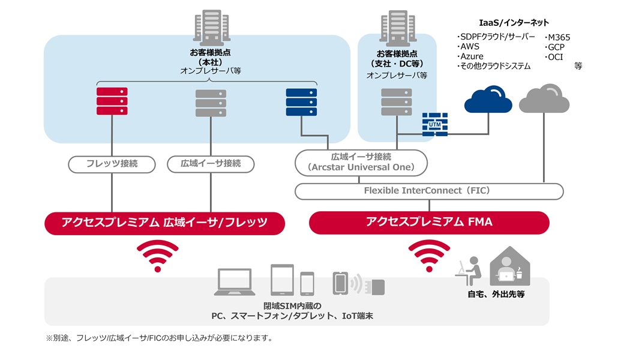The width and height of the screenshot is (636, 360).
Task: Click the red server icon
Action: tap(112, 101)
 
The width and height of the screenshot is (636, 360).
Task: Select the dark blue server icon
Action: tap(301, 101)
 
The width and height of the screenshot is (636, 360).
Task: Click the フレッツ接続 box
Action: tap(112, 163)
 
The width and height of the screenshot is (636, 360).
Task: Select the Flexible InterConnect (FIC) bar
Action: tap(429, 191)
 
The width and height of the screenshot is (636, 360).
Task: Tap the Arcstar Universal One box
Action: tap(361, 163)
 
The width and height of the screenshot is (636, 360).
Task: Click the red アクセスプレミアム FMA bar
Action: tap(429, 222)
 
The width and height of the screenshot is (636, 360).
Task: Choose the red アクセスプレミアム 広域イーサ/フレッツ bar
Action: tap(164, 223)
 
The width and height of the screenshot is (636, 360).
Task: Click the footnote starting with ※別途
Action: tap(159, 338)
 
